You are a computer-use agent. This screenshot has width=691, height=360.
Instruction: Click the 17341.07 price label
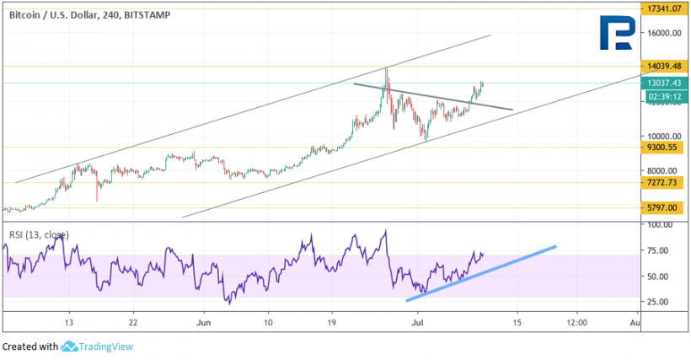(666, 8)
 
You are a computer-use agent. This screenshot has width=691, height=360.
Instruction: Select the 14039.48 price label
(666, 66)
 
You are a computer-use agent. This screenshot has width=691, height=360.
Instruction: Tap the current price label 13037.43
(666, 83)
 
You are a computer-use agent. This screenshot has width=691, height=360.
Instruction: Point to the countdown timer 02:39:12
(666, 97)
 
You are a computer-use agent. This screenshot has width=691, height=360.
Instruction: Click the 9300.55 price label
(664, 148)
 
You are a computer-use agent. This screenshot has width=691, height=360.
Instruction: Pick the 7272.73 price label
(664, 182)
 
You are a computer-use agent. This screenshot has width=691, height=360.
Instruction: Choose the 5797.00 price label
(664, 207)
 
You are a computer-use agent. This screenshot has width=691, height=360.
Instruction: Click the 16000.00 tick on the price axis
(664, 34)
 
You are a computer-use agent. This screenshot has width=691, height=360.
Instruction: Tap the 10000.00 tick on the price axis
(664, 136)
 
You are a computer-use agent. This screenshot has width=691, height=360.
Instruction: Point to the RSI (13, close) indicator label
(39, 234)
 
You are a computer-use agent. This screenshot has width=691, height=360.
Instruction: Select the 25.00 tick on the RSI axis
(659, 301)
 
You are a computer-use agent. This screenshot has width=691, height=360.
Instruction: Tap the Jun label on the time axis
(201, 322)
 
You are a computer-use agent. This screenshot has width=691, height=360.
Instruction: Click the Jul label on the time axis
(417, 322)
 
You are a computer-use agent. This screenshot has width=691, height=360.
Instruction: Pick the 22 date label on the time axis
(134, 322)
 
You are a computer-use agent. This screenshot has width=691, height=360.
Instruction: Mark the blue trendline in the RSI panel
(481, 274)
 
